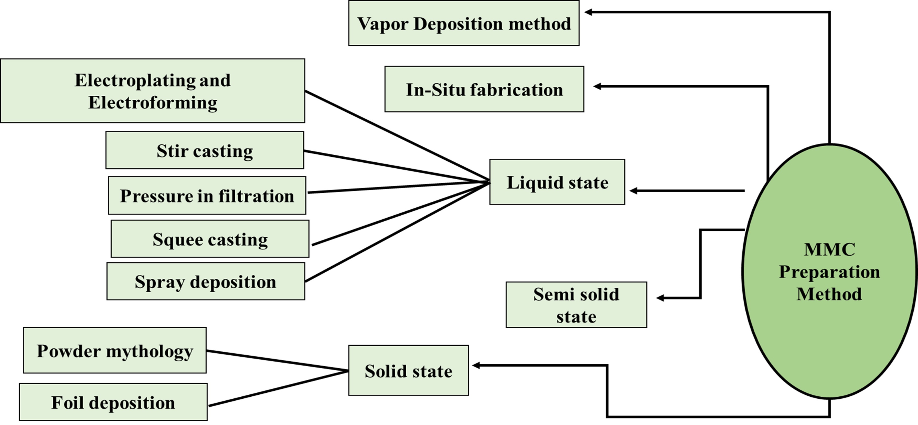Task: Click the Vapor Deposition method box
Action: click(x=464, y=23)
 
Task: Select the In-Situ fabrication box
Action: click(x=484, y=89)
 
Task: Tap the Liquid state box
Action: click(x=557, y=182)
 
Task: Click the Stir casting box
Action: click(x=205, y=150)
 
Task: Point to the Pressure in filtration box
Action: click(x=207, y=196)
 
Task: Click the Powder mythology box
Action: click(x=115, y=351)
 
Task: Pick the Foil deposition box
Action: click(x=113, y=402)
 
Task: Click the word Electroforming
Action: click(x=153, y=103)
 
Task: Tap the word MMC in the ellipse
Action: click(x=829, y=249)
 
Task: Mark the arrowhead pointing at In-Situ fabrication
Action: click(x=597, y=86)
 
